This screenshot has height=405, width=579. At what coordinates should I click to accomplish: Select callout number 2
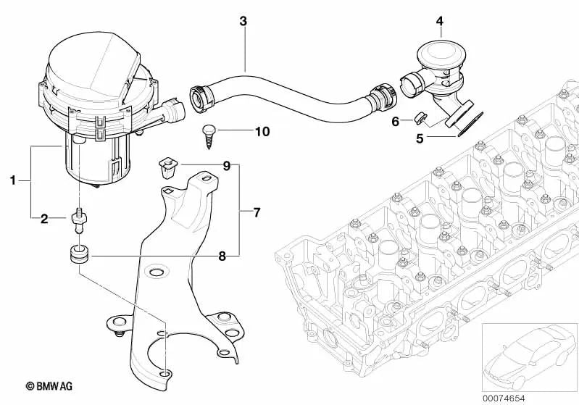click(43, 217)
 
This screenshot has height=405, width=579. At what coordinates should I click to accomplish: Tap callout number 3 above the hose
click(243, 22)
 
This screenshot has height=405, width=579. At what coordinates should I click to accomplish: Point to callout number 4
click(439, 22)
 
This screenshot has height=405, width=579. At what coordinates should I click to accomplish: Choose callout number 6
click(395, 121)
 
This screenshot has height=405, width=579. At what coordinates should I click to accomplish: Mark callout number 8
click(223, 255)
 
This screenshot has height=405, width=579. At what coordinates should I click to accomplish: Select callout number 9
click(226, 167)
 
